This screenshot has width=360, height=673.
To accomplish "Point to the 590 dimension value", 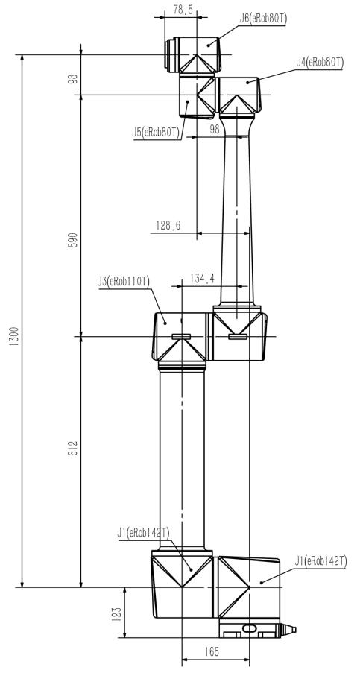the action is point(72,240).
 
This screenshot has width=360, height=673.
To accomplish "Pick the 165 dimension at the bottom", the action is point(212,652).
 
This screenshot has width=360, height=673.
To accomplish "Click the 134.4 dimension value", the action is point(202,279).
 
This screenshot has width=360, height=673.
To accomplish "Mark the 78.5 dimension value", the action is point(183,10).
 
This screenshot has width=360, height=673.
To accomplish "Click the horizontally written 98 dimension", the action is point(215,129).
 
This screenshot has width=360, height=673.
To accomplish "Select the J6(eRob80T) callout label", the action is point(263,19).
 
